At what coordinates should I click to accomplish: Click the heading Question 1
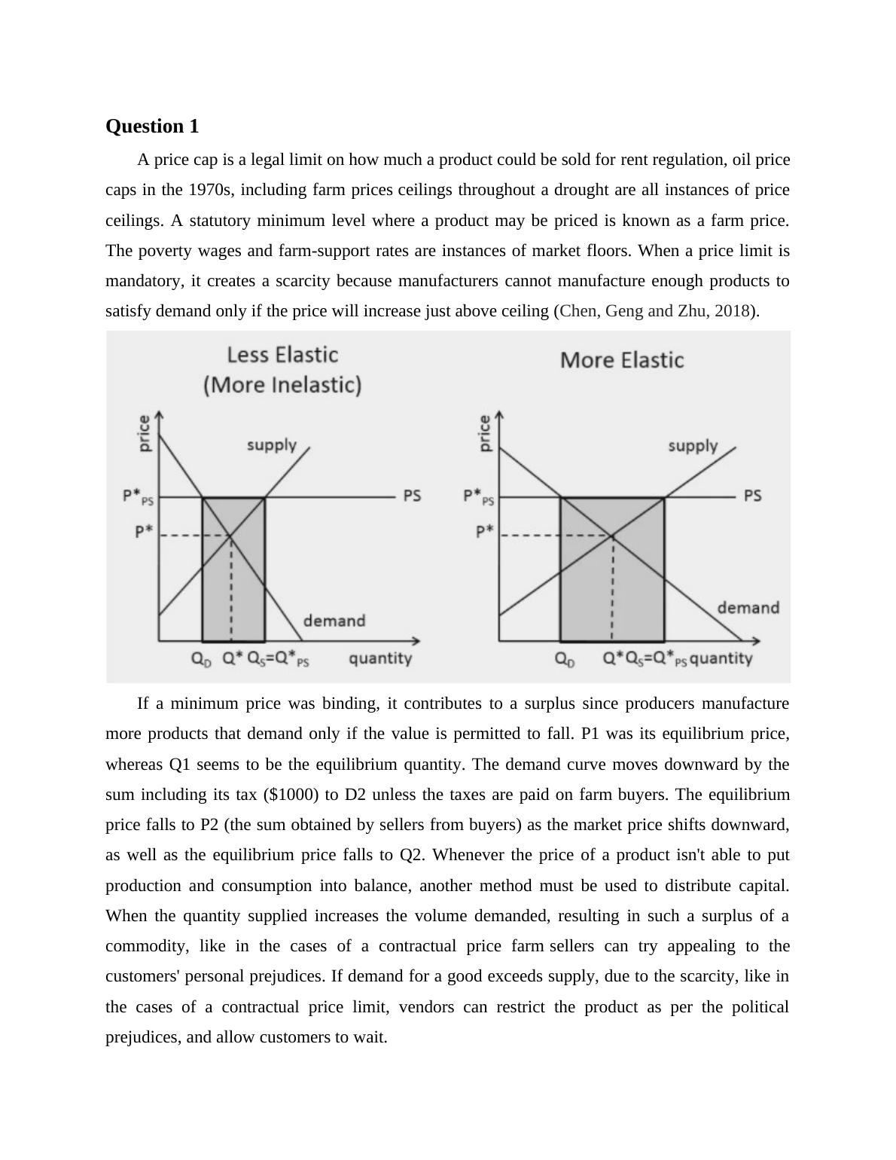coord(152,127)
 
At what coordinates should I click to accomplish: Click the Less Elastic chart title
coord(282,370)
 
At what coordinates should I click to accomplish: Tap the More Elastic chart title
coord(622,360)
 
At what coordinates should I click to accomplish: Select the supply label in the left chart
coord(272,445)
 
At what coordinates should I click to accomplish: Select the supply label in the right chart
coord(693,446)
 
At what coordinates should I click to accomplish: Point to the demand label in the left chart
coord(334,621)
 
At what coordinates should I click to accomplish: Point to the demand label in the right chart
coord(748,608)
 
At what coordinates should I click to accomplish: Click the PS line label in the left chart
coord(412,496)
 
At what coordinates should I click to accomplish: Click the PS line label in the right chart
coord(752,496)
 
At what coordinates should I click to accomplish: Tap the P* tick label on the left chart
coord(144,532)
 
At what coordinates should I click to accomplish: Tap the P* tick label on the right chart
coord(484,532)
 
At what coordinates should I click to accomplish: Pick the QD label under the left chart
coord(201,659)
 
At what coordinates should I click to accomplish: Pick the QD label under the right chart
coord(565,659)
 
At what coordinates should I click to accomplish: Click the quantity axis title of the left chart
coord(380,658)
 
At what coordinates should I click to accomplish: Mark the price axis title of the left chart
coord(144,433)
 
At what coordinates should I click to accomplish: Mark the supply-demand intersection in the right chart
coord(612,536)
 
